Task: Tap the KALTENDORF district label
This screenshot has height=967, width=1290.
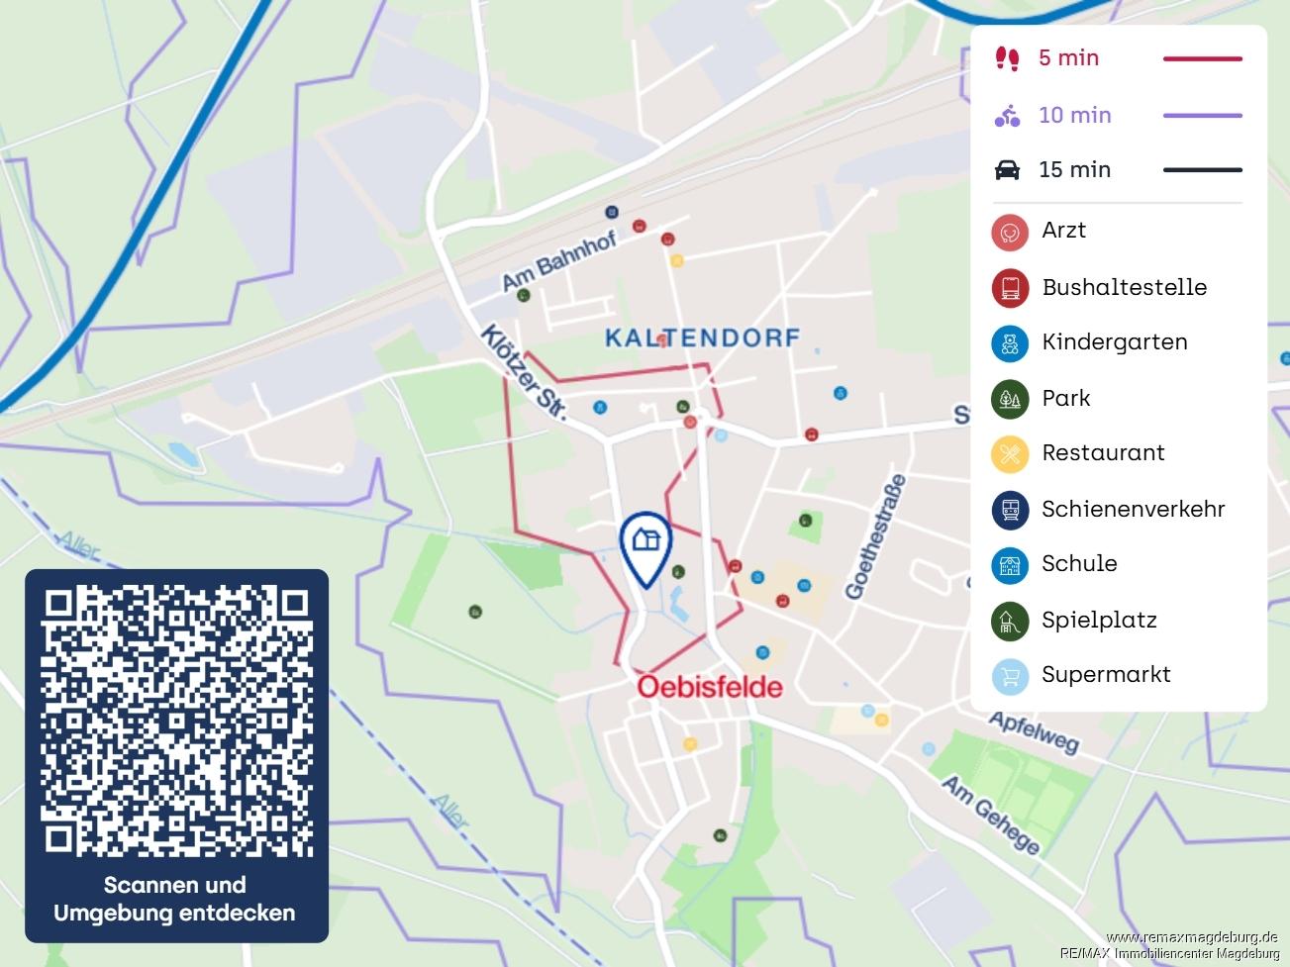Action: click(702, 338)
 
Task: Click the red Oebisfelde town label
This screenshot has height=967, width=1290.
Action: click(709, 687)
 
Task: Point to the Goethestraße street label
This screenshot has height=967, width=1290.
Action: click(875, 537)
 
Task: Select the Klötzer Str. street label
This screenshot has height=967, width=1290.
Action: click(524, 372)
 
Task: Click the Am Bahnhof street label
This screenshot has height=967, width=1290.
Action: click(558, 260)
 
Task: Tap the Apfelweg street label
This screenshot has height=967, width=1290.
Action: click(1034, 732)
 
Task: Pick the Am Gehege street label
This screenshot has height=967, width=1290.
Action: click(990, 814)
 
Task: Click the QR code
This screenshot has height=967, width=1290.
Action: click(176, 721)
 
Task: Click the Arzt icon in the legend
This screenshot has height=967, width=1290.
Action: click(1010, 232)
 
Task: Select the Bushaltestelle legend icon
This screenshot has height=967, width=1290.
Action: click(1010, 288)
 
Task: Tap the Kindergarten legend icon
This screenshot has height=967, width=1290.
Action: click(1010, 343)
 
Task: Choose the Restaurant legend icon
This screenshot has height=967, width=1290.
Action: click(1010, 454)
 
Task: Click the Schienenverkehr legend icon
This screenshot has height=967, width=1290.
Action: click(1010, 510)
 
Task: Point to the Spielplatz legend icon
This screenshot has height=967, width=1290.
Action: click(1010, 622)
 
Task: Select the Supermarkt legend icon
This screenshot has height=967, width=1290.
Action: click(1010, 676)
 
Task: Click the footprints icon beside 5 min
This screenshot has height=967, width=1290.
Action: click(1007, 58)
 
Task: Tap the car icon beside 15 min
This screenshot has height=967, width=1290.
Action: click(1007, 170)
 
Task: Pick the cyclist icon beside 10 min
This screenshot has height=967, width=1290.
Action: click(1007, 116)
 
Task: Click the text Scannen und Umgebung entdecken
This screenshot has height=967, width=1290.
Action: click(175, 899)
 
